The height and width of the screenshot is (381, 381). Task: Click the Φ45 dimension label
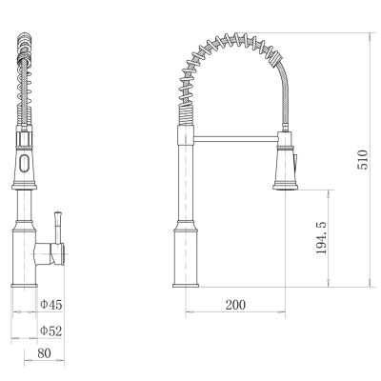coord(51,305)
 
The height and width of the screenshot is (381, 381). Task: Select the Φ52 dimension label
coord(51,331)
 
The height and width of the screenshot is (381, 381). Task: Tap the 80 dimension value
coord(44,353)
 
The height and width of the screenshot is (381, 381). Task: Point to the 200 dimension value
coord(235,305)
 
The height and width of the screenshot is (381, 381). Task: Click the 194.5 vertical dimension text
coord(321,237)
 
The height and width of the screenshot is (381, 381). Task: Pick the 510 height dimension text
coord(363,160)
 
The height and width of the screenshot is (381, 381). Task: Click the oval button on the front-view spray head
coord(24,164)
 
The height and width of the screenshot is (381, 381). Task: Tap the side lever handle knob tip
coord(58,213)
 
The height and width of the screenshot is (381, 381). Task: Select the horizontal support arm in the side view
coord(235,138)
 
